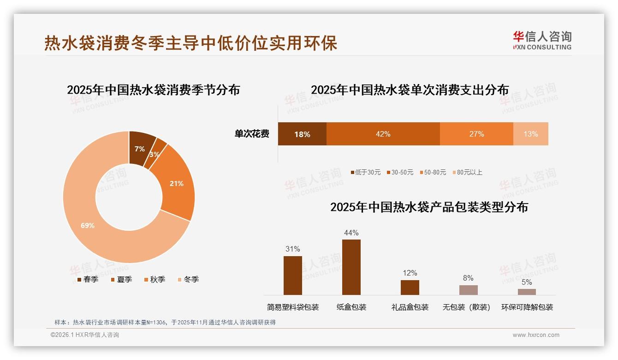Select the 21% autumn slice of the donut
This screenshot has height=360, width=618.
point(176,184)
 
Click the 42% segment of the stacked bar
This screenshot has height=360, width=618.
point(383,134)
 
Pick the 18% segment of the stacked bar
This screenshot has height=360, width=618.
point(302,134)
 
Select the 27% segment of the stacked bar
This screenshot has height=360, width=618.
point(476,134)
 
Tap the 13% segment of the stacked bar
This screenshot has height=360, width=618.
point(530,134)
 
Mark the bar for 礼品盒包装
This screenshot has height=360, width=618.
point(410,287)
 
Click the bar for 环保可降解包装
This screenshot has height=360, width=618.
point(527,292)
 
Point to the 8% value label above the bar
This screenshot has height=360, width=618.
point(468,278)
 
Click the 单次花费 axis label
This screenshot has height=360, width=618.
point(252,134)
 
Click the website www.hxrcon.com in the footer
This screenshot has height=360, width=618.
point(536,335)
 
